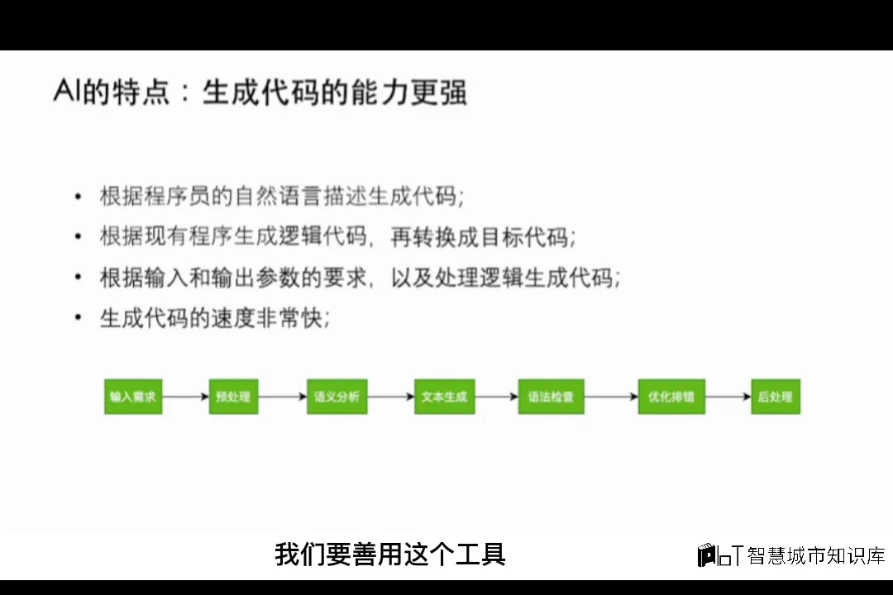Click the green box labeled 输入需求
point(132,397)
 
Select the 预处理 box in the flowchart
point(233,397)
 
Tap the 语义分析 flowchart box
point(337,397)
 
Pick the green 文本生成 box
point(444,397)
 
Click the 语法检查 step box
point(551,397)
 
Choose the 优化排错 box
point(671,397)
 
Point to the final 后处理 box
point(776,397)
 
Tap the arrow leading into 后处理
point(728,397)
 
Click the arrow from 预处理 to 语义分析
point(283,397)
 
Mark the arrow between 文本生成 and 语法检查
point(496,397)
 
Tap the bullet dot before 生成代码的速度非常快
point(78,317)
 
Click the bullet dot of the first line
point(78,197)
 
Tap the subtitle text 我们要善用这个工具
point(389,554)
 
